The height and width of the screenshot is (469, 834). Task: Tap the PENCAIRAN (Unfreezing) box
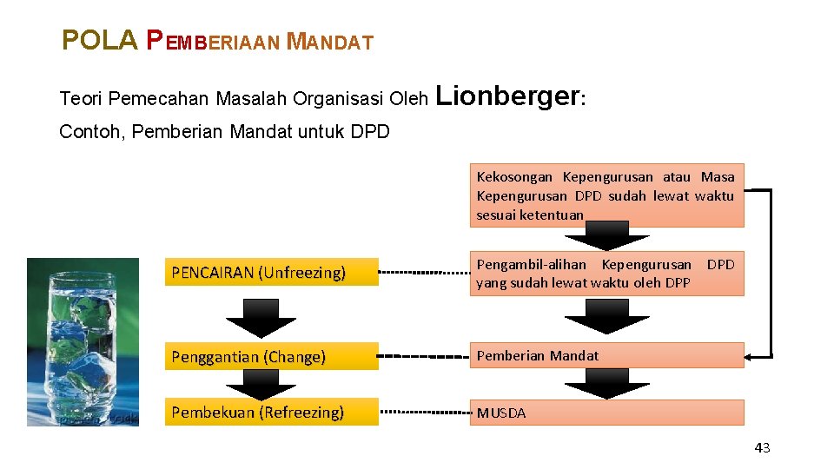point(271,273)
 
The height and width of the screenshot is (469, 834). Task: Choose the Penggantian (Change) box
point(271,356)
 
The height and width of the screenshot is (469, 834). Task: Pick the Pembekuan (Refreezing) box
point(271,412)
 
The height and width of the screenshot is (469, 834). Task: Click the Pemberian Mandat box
point(606,355)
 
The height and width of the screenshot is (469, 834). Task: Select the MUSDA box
point(606,413)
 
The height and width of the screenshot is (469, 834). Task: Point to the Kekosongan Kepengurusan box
point(606,195)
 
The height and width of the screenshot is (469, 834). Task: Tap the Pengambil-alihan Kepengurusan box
point(606,273)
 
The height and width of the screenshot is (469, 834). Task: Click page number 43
point(762,448)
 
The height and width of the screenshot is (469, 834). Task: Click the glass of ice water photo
point(83,341)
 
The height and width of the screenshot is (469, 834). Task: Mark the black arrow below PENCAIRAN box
point(261,317)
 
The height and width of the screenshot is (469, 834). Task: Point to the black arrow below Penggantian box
point(261,383)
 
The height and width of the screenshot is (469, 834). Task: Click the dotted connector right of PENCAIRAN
point(424,273)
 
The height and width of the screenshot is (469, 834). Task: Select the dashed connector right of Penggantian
point(424,356)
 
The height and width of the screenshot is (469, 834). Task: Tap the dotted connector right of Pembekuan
point(424,412)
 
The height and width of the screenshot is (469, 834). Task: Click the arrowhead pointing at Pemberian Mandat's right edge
point(752,356)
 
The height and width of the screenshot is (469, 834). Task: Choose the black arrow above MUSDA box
point(606,383)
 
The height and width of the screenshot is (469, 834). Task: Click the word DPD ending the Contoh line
point(370,132)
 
